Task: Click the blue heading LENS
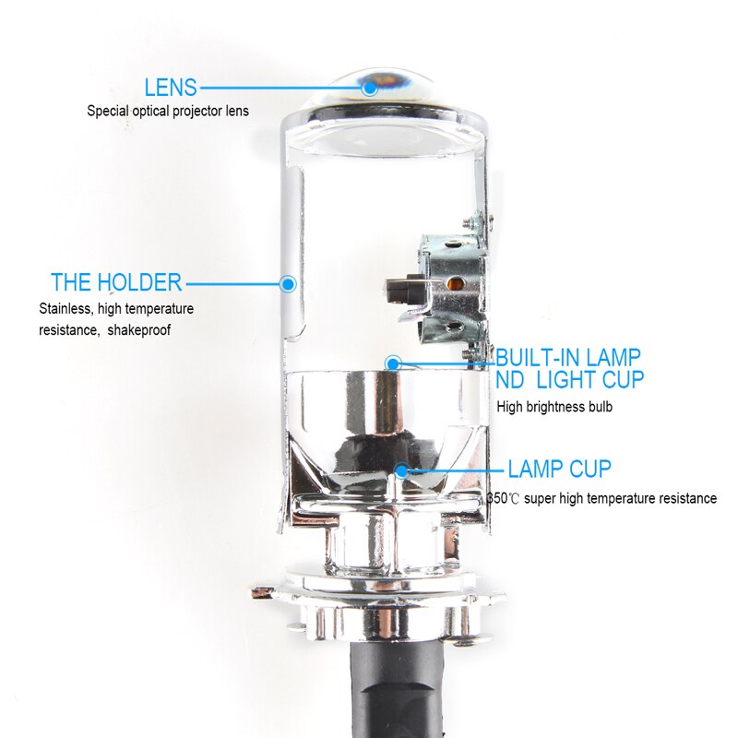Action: (171, 88)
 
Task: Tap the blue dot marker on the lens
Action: (370, 88)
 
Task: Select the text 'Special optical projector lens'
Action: (168, 111)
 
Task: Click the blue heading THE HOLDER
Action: (116, 282)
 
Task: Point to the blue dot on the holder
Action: (288, 282)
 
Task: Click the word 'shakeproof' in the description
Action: (139, 329)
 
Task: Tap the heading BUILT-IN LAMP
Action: (567, 357)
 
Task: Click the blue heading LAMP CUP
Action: (559, 469)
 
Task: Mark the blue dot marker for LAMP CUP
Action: (402, 470)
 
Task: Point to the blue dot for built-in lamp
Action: (393, 363)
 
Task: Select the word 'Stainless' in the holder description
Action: (65, 309)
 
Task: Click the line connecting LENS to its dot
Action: (281, 88)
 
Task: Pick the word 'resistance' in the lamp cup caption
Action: (685, 498)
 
